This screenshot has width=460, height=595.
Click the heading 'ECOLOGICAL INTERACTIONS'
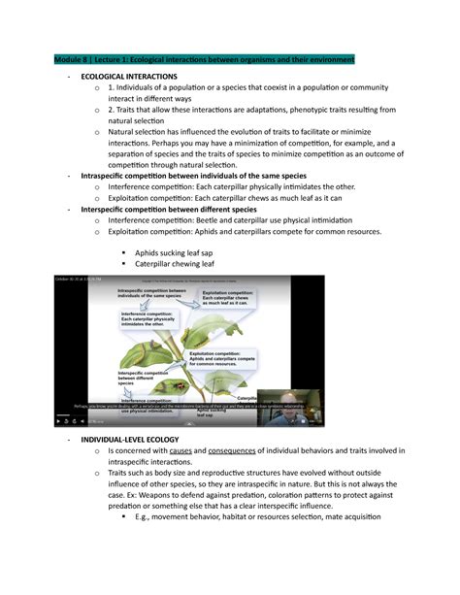tap(129, 76)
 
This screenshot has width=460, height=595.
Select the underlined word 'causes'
tap(183, 452)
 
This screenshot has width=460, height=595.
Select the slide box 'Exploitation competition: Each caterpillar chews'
tap(234, 297)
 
